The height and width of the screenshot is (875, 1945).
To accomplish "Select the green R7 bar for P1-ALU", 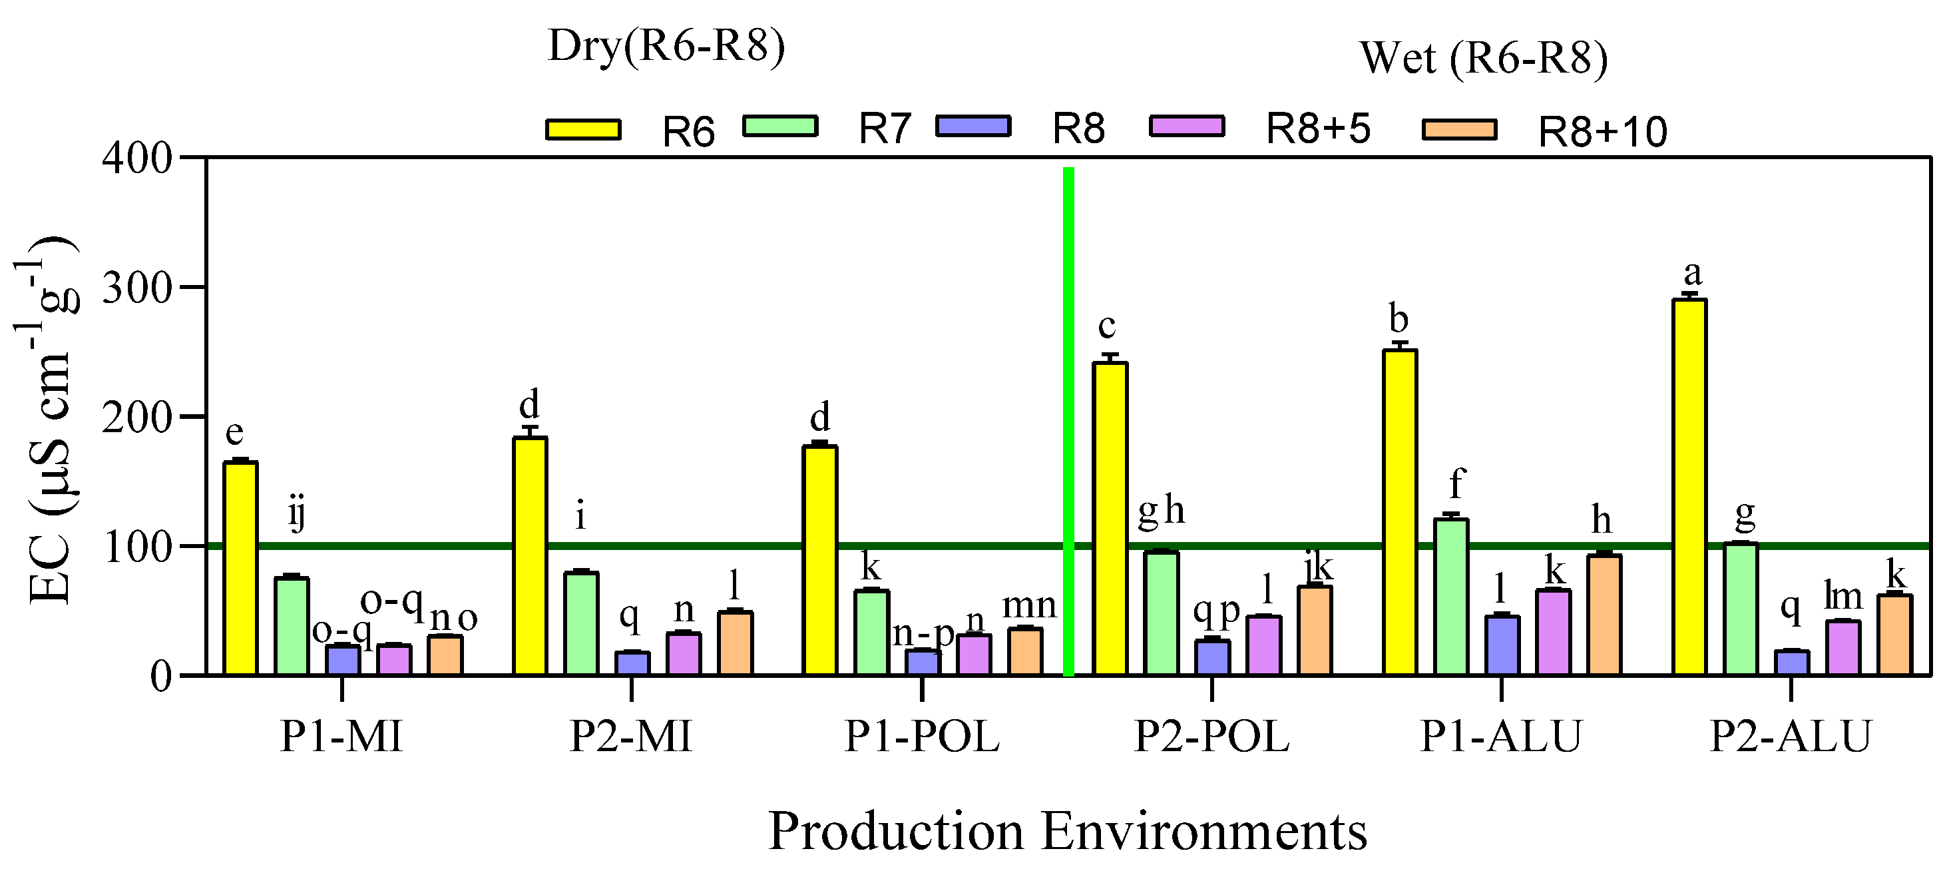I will tap(1450, 596).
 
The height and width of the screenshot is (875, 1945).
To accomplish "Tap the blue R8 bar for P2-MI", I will tap(632, 663).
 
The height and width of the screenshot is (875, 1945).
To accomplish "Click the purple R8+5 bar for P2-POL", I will tap(1263, 645).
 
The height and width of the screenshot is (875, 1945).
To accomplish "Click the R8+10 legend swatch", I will tap(1459, 130).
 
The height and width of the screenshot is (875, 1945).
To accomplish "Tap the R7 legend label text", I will tap(885, 129).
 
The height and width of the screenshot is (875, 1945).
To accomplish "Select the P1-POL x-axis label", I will tap(922, 736).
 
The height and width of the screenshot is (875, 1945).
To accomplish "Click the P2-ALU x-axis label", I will tap(1790, 736).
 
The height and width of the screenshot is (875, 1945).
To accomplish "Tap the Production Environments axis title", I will tap(1067, 831).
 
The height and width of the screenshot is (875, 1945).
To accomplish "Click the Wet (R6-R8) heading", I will tap(1483, 57).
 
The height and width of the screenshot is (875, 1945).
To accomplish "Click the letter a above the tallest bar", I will tap(1693, 273).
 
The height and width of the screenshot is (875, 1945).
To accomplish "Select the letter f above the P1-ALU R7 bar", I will tap(1456, 483).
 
